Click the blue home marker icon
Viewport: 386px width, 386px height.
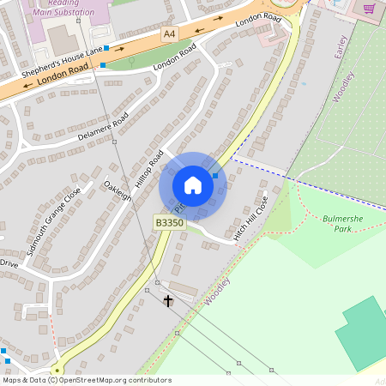click(x=193, y=184)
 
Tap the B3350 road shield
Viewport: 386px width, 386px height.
click(x=169, y=223)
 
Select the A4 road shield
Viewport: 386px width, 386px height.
click(x=170, y=33)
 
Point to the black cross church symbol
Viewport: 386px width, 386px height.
click(x=168, y=301)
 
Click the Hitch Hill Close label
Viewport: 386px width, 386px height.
click(x=251, y=218)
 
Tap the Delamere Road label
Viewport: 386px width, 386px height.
click(x=103, y=126)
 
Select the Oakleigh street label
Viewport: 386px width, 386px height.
click(x=118, y=190)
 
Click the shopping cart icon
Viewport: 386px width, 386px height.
click(x=370, y=9)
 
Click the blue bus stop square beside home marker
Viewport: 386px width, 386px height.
click(x=215, y=175)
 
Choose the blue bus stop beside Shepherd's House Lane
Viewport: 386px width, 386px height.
click(x=106, y=49)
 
